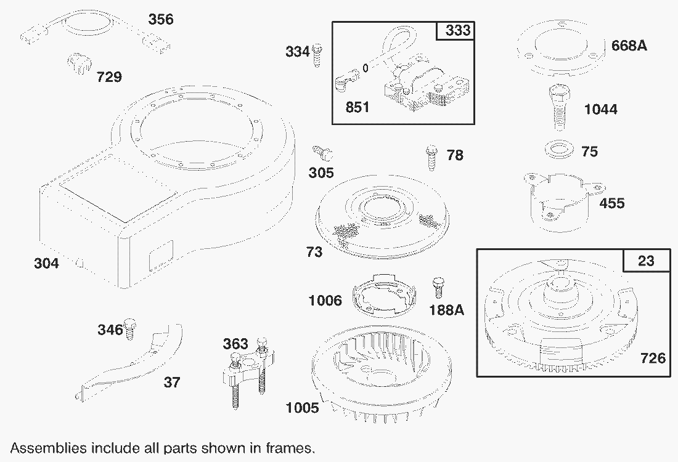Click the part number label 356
[x=160, y=19]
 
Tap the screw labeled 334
[x=317, y=55]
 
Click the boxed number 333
[x=457, y=30]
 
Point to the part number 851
[x=357, y=107]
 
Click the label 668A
[x=629, y=46]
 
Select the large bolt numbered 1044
[x=558, y=107]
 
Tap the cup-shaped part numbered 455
[x=563, y=201]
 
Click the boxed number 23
[x=646, y=261]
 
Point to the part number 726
[x=653, y=358]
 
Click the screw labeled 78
[x=431, y=157]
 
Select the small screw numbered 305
[x=322, y=153]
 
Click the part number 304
[x=46, y=263]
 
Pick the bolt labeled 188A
[x=438, y=287]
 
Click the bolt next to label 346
[x=129, y=328]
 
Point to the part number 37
[x=172, y=382]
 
